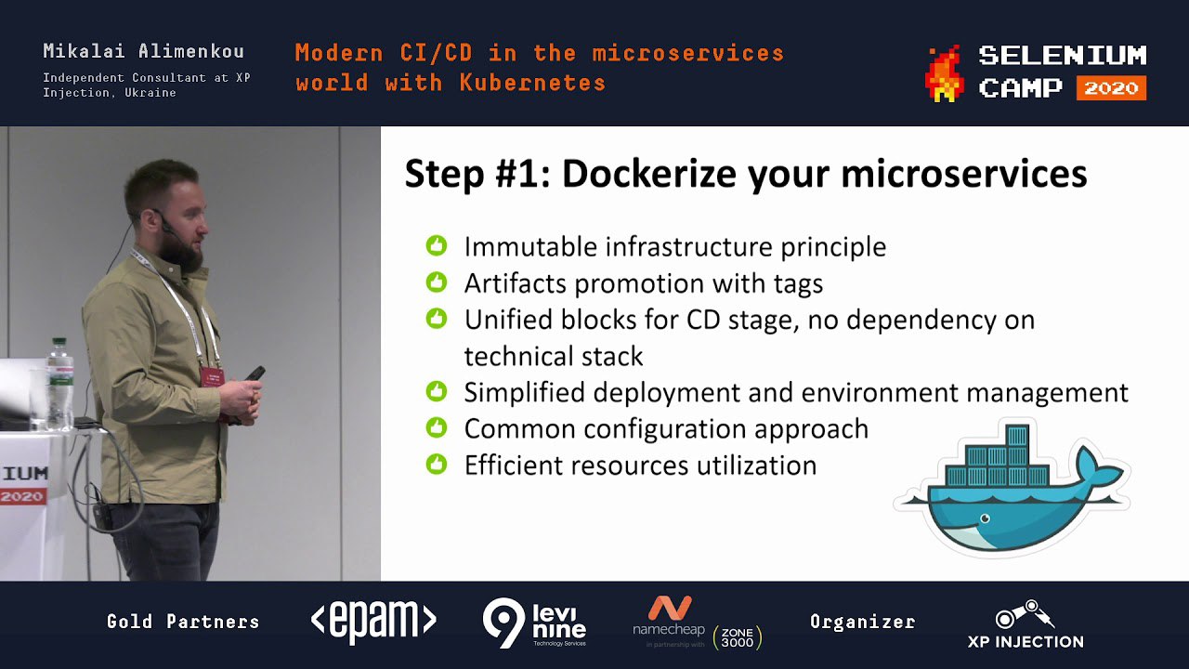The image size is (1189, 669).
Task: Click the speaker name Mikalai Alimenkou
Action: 143,51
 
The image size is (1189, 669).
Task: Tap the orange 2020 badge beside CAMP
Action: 1111,88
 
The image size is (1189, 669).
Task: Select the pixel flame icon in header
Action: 946,73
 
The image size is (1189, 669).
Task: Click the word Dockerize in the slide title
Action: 649,174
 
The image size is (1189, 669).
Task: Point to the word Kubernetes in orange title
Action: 532,83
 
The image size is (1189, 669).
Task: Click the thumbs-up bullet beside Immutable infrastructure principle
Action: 437,245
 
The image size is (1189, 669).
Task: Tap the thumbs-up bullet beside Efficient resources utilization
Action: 437,464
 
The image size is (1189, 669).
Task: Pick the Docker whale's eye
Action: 986,518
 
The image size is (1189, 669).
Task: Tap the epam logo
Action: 373,620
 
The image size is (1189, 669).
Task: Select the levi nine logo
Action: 534,622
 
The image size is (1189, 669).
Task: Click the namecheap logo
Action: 669,618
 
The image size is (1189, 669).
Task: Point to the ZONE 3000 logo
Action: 738,637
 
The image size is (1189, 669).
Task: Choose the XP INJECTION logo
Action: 1026,624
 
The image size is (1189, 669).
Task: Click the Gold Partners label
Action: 183,622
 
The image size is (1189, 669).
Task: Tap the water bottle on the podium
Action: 60,384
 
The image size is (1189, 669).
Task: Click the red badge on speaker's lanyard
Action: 212,376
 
